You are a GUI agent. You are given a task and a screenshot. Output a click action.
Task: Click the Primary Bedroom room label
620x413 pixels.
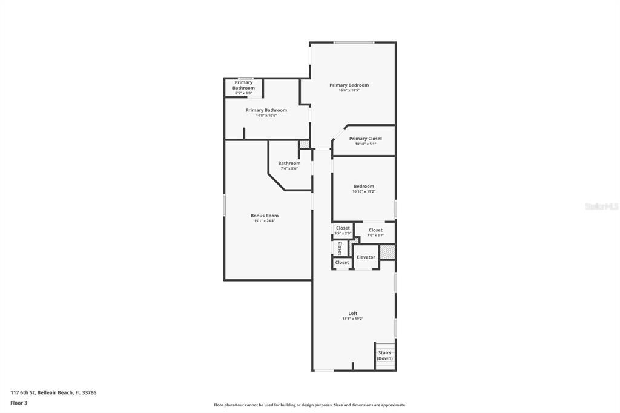tap(349, 85)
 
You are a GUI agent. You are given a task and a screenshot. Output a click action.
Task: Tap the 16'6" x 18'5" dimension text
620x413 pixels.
tap(349, 91)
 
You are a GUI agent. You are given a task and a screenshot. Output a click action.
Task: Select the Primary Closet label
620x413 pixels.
tap(365, 139)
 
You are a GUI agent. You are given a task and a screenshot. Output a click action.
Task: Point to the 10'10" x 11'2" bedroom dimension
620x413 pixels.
tap(364, 191)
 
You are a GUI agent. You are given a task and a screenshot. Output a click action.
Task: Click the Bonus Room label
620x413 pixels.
tap(265, 216)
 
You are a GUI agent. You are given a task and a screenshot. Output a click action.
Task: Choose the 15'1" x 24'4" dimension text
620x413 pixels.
tap(265, 221)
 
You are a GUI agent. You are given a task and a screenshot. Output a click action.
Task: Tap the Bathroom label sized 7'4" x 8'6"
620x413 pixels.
tap(289, 163)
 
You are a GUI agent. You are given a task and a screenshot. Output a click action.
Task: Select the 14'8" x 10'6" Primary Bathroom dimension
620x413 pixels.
tap(266, 116)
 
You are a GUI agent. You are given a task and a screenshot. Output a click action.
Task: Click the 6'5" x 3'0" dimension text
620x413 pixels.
tap(243, 93)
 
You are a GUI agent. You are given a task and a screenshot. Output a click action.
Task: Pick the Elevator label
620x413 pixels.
tap(366, 257)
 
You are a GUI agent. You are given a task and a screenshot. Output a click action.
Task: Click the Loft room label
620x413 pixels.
tap(352, 313)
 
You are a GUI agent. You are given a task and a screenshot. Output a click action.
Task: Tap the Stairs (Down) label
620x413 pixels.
tap(384, 355)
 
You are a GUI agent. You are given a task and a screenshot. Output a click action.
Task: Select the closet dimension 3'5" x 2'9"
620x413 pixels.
tap(343, 233)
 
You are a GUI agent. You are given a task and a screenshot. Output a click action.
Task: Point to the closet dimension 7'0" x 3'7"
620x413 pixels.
tap(375, 235)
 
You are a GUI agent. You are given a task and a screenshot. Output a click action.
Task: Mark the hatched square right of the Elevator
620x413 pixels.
tap(387, 251)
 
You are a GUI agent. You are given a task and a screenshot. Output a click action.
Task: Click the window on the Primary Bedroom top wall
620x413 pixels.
tap(354, 42)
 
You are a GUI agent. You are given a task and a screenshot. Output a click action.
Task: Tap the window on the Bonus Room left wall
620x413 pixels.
tap(225, 205)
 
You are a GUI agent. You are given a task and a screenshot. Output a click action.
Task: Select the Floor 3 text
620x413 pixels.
tap(19, 403)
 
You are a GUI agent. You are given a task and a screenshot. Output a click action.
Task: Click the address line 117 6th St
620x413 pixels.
tap(53, 392)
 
